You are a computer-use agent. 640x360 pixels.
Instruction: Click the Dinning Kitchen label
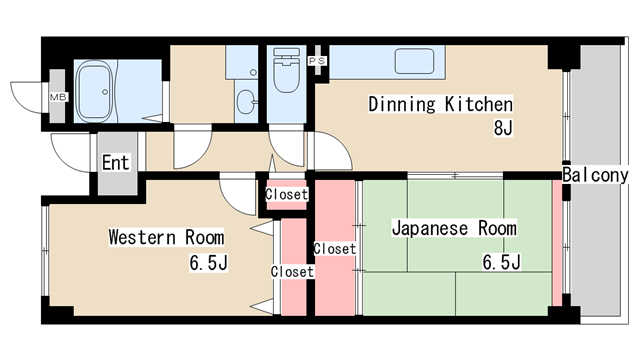(440, 104)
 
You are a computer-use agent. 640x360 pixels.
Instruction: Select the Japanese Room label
(454, 229)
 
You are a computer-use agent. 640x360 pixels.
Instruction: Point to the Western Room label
(166, 238)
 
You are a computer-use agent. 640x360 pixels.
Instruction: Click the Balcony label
(596, 175)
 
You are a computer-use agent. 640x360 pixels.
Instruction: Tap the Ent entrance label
(115, 161)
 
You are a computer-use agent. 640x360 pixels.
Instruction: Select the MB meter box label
(57, 97)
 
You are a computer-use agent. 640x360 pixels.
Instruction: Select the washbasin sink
(247, 100)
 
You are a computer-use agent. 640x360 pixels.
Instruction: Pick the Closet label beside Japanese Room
(334, 248)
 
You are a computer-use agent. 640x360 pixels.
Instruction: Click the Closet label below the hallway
(287, 194)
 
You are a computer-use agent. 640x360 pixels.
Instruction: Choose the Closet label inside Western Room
(292, 271)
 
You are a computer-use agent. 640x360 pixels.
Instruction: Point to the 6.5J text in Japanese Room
(500, 263)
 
